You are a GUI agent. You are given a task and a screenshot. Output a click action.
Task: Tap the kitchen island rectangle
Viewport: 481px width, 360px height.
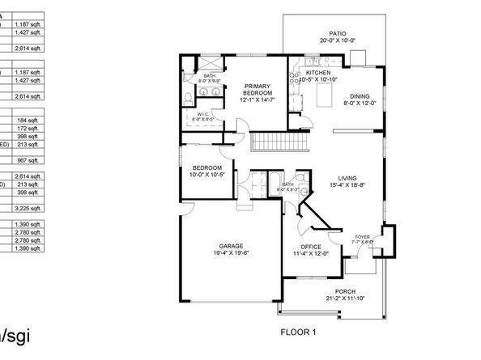point(326,98)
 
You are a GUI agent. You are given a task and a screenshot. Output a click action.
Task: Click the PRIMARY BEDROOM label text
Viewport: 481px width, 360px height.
point(258,90)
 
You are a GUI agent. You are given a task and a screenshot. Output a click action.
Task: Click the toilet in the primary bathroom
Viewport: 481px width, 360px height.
point(187,97)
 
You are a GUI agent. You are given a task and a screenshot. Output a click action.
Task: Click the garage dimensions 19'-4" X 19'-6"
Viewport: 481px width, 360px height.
point(231,253)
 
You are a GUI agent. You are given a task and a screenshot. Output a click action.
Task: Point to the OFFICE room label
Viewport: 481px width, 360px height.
point(311,247)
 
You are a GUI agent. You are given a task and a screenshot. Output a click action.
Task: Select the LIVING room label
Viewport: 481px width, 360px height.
point(347,180)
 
